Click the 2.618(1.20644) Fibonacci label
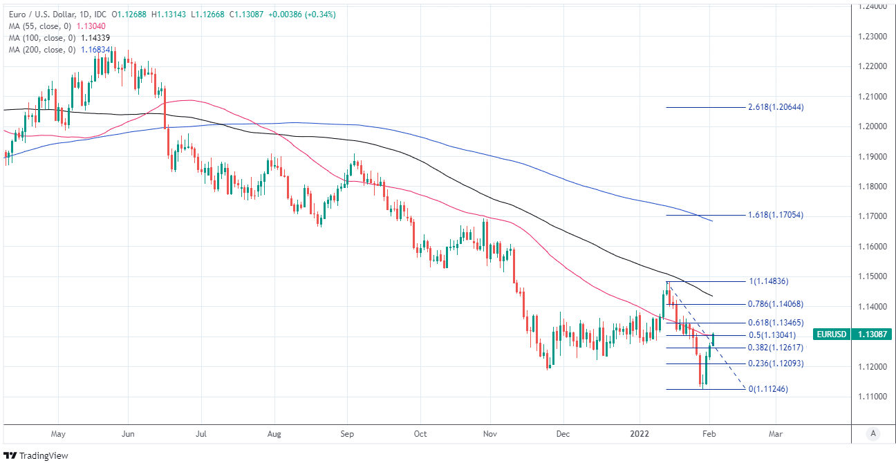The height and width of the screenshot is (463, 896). tap(776, 107)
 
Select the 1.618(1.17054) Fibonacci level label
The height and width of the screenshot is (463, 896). tap(776, 215)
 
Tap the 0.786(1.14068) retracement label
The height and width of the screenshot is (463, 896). tap(776, 304)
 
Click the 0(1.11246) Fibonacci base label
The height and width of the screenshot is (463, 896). tap(768, 389)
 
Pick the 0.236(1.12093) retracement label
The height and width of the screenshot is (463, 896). tap(776, 363)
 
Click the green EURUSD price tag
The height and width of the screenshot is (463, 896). tap(831, 334)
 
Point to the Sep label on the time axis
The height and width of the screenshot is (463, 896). tap(347, 434)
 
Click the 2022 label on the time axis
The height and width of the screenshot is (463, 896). tap(640, 434)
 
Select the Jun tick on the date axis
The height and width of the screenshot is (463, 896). tap(129, 434)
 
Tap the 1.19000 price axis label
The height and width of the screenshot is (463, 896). tap(871, 156)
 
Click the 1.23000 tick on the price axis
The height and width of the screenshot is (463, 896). tap(871, 36)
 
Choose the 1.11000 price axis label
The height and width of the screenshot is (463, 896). tap(871, 396)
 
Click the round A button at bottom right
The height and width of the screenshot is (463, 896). tap(873, 433)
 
